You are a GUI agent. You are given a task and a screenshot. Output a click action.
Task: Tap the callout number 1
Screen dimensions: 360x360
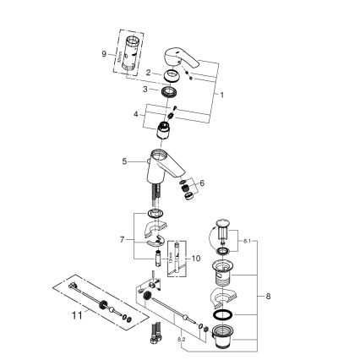tap(222, 95)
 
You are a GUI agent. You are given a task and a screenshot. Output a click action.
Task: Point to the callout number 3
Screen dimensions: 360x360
tap(146, 89)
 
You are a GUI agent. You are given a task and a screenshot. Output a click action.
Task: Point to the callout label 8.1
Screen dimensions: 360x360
tap(245, 242)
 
